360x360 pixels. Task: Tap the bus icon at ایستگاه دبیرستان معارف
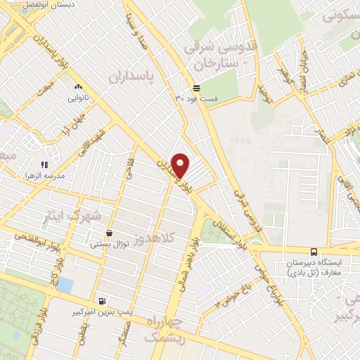pos(313,252)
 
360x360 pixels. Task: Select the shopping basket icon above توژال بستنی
pos(109,233)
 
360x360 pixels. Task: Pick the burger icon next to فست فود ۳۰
pos(196,88)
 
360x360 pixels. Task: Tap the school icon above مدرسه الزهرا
pos(44,164)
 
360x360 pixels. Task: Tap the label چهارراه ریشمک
pos(164,330)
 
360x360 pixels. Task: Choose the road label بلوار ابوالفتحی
pos(22,239)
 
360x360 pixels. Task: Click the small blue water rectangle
pos(65,285)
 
